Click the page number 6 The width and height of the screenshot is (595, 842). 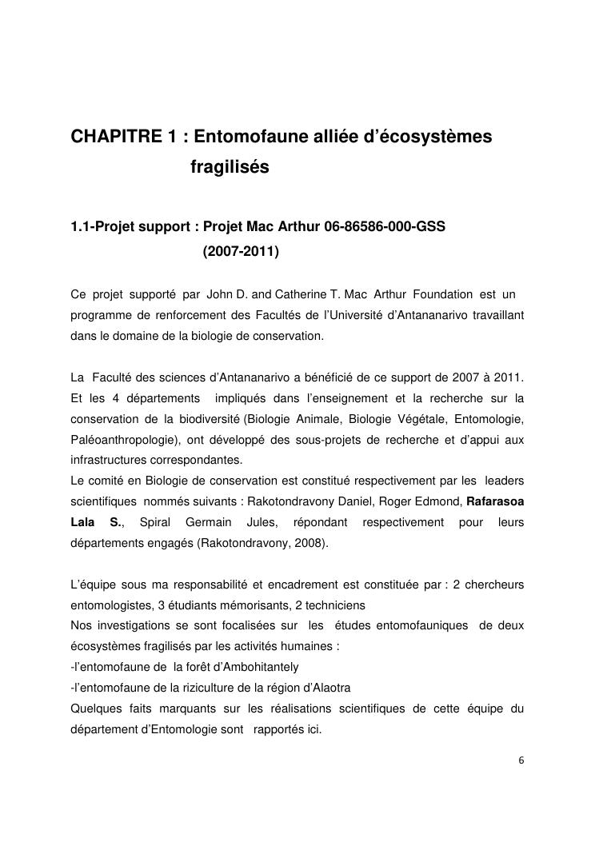(x=521, y=760)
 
